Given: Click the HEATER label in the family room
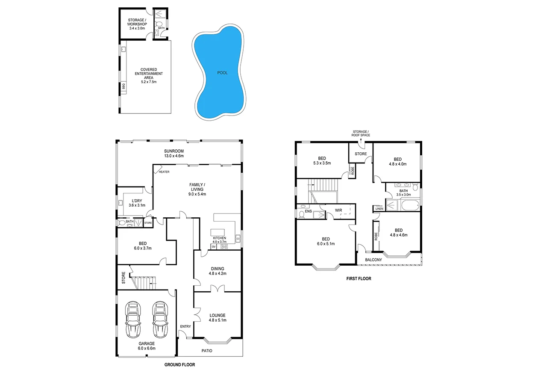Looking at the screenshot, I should point(164,172).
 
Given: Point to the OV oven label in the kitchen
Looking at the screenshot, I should point(214,246).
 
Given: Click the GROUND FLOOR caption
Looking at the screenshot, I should point(179,365).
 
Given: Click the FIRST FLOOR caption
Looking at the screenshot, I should point(359,278).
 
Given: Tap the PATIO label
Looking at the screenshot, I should point(206,351).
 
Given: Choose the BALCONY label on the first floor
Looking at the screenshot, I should point(373,260).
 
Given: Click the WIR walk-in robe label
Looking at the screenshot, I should point(338,210).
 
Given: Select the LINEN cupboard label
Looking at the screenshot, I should point(379,209).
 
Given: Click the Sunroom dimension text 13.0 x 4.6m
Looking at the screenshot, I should point(174,156).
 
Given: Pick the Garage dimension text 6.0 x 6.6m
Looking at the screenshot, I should point(147,348).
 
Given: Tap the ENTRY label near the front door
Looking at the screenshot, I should point(185,326).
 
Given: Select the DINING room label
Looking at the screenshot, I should point(217,269).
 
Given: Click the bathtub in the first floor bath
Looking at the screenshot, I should point(410,206).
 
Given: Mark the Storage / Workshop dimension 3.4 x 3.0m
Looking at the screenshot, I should point(137,29).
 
